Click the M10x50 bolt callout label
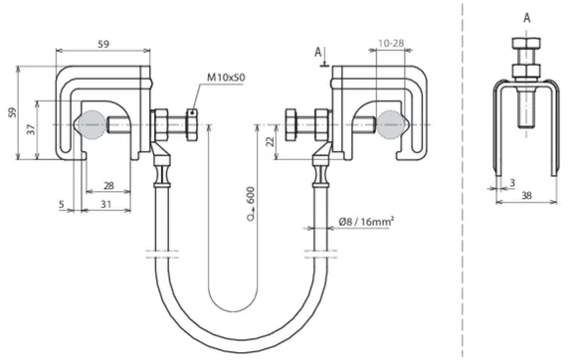click(226, 78)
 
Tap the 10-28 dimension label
click(391, 44)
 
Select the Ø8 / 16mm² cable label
click(366, 222)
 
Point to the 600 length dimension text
click(252, 195)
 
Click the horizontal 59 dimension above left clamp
click(103, 44)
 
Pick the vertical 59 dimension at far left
click(13, 112)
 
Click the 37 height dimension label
click(31, 129)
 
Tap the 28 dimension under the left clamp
click(108, 186)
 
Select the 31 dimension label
click(106, 204)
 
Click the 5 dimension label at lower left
click(62, 204)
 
